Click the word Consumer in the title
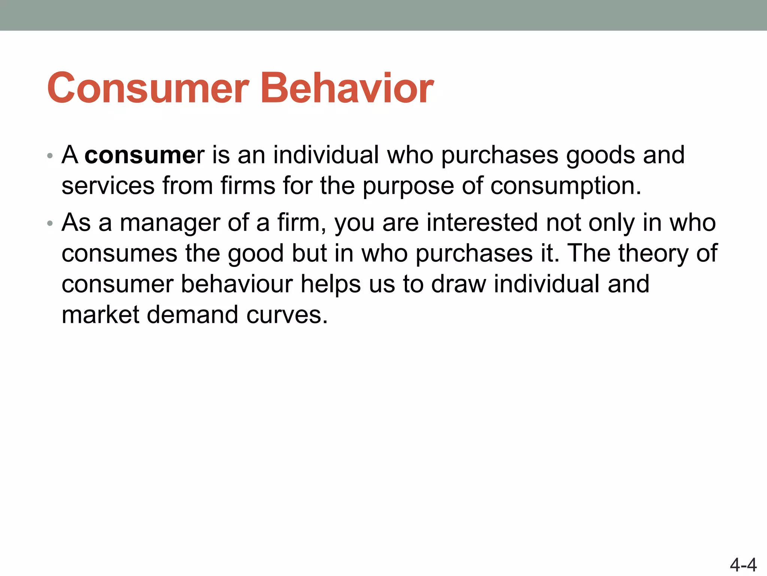(x=148, y=88)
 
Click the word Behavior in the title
(x=347, y=88)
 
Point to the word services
(x=108, y=186)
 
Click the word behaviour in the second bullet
(x=237, y=284)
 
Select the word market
(x=100, y=315)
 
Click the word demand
(x=192, y=315)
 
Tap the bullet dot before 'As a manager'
(x=50, y=224)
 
